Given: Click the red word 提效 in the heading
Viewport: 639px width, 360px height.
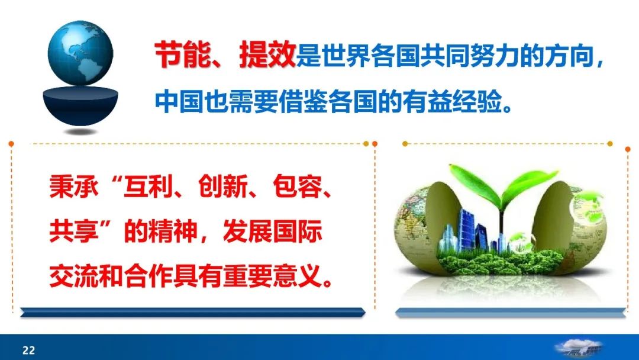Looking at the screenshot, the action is click(x=267, y=54).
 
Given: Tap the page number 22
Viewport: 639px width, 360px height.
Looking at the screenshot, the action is click(x=28, y=350).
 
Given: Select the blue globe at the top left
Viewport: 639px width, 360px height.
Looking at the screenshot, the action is click(x=80, y=53).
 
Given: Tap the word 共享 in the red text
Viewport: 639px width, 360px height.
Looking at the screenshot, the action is click(x=74, y=231).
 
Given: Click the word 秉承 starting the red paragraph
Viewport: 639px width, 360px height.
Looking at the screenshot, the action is click(x=74, y=188).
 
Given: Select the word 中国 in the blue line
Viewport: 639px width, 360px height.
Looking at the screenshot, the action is click(x=179, y=101).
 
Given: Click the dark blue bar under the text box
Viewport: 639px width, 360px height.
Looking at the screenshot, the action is click(x=192, y=312).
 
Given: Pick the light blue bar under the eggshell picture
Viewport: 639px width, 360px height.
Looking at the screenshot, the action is click(x=510, y=313).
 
